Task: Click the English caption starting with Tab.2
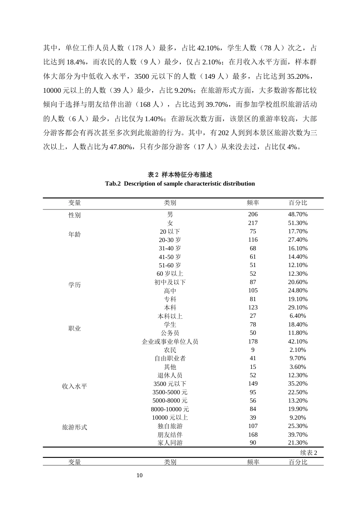(x=180, y=184)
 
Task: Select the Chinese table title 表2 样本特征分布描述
(x=180, y=175)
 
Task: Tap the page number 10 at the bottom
(x=139, y=475)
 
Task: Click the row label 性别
(x=75, y=215)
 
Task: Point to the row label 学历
(x=75, y=285)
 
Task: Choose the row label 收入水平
(x=75, y=386)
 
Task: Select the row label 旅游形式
(x=75, y=427)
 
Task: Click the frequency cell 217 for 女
(x=253, y=223)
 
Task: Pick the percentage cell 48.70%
(x=298, y=214)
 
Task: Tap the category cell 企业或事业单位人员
(x=170, y=342)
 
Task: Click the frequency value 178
(x=253, y=342)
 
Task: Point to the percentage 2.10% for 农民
(x=298, y=350)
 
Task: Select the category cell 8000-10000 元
(x=170, y=409)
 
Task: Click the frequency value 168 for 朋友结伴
(x=253, y=434)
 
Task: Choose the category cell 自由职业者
(x=170, y=358)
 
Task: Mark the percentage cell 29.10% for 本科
(x=298, y=308)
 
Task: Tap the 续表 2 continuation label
(x=308, y=453)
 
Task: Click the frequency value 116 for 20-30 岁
(x=253, y=240)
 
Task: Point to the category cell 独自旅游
(x=170, y=426)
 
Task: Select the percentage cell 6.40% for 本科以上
(x=298, y=316)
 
